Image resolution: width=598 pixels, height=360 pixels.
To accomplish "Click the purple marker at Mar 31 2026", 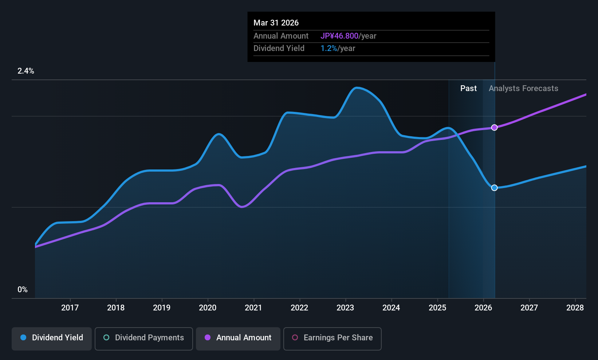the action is [x=494, y=128].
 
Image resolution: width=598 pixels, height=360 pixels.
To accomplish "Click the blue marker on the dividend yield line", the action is [x=494, y=188].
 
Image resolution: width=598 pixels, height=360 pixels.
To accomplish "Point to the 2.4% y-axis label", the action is [x=25, y=71].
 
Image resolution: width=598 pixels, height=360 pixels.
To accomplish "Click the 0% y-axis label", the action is [x=23, y=290].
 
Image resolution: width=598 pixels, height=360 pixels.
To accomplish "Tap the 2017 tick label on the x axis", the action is [x=70, y=308].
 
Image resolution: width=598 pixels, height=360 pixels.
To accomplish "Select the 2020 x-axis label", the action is [x=208, y=308].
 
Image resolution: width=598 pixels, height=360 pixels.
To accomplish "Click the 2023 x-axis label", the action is [x=346, y=308].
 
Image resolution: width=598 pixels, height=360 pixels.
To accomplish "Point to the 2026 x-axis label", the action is [x=483, y=308].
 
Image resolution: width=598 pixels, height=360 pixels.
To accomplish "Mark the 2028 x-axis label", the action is [x=575, y=308].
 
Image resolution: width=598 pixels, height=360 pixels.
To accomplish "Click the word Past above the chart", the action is [x=468, y=89].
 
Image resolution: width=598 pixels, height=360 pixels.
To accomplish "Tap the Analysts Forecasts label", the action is [x=523, y=89].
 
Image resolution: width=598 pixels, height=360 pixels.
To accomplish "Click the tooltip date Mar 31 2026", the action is [x=276, y=23].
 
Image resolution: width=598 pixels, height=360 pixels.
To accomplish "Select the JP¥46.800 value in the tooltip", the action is [x=339, y=36].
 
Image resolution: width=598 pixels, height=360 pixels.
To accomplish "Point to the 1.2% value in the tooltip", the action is [x=328, y=48].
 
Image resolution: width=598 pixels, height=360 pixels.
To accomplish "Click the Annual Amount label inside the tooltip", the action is [x=281, y=36].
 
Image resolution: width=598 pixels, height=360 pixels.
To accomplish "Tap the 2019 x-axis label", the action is [x=162, y=308].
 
